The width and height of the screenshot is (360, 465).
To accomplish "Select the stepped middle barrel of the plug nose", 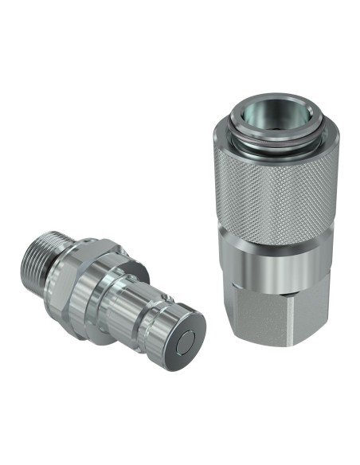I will [139, 303].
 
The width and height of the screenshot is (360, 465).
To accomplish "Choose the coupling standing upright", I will [271, 223].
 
